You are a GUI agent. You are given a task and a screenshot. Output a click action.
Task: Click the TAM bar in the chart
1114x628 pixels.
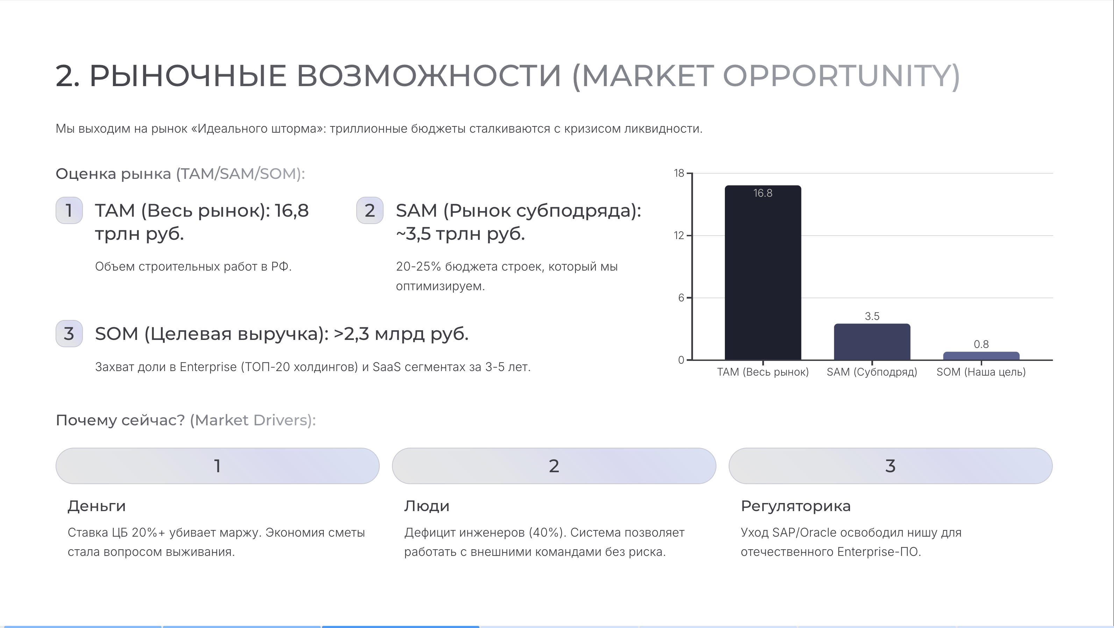pyautogui.click(x=763, y=273)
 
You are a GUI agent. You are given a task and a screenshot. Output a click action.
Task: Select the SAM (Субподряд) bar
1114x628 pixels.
pyautogui.click(x=872, y=342)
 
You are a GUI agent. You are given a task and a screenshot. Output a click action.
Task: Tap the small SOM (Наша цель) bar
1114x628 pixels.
pyautogui.click(x=981, y=356)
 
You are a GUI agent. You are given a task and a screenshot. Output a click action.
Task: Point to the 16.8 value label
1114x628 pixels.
pyautogui.click(x=763, y=193)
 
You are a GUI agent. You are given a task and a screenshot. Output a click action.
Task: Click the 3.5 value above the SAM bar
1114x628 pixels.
pyautogui.click(x=872, y=316)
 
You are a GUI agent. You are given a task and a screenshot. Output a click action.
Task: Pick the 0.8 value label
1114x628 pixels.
pyautogui.click(x=981, y=344)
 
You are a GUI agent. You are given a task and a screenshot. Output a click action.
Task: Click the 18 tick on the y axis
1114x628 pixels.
pyautogui.click(x=679, y=173)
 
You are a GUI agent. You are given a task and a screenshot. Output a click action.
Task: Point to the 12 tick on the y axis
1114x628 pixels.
pyautogui.click(x=679, y=236)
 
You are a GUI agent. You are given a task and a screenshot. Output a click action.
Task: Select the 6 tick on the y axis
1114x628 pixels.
pyautogui.click(x=681, y=298)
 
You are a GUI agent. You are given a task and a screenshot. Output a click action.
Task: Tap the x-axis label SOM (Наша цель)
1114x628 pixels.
pyautogui.click(x=981, y=372)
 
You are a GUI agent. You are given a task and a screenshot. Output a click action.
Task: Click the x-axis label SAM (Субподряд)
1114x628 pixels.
pyautogui.click(x=872, y=372)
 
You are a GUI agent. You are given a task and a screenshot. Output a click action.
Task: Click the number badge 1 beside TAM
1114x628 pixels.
pyautogui.click(x=69, y=210)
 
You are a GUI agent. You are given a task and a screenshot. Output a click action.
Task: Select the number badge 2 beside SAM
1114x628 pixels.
pyautogui.click(x=370, y=210)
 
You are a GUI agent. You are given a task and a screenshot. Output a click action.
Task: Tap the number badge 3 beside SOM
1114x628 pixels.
pyautogui.click(x=69, y=333)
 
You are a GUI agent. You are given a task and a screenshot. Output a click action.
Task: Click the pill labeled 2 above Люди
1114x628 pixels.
pyautogui.click(x=554, y=466)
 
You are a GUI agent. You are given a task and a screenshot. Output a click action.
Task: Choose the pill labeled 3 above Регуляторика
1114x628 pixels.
pyautogui.click(x=891, y=466)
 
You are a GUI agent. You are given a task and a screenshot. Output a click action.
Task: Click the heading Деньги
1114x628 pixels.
pyautogui.click(x=97, y=506)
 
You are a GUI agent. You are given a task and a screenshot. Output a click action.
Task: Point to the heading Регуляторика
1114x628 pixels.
pyautogui.click(x=796, y=506)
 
